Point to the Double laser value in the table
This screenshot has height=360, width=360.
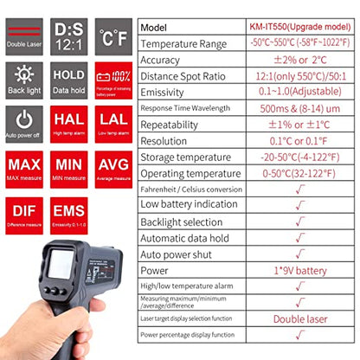tap(300, 318)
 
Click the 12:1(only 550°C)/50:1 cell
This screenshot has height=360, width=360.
tap(300, 76)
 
